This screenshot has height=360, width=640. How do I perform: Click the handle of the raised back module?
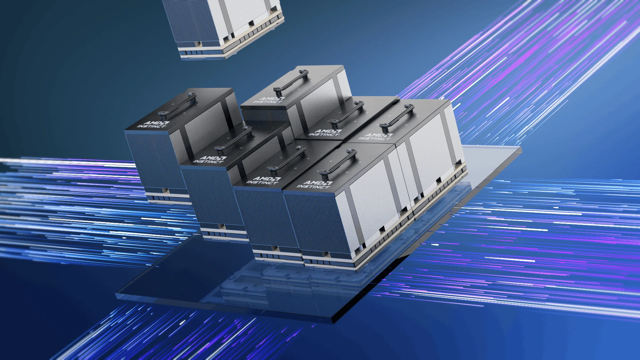[290, 81]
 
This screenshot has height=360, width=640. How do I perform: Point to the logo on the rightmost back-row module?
[376, 137]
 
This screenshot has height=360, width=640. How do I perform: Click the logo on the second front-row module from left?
[210, 159]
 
